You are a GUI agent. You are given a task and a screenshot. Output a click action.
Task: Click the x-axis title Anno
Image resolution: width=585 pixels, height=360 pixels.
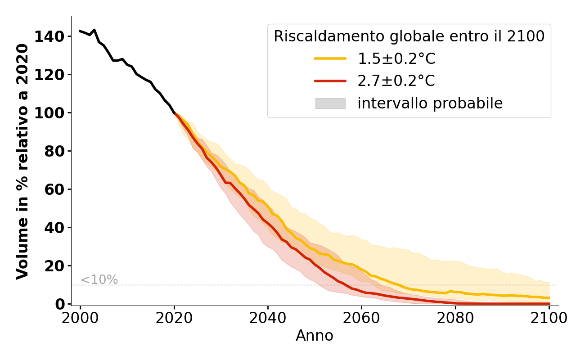point(315,336)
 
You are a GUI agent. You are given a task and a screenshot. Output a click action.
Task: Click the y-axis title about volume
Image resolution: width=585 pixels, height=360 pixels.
point(22,161)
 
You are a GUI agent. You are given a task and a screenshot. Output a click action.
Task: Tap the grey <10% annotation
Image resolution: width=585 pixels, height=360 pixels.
point(99,280)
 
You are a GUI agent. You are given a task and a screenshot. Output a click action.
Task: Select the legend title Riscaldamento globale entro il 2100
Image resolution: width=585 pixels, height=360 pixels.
point(409,36)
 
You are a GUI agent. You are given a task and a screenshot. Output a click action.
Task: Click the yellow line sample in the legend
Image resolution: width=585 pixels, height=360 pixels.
point(330,58)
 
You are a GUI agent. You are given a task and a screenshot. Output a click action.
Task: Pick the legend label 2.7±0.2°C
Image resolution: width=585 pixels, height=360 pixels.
point(396,81)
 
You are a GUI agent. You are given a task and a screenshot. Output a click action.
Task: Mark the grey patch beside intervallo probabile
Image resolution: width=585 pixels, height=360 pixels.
point(330,103)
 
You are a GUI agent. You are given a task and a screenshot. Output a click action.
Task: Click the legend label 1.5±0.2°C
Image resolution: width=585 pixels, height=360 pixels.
point(396,58)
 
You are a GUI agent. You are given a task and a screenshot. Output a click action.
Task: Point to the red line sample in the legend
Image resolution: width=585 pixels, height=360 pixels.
point(330,81)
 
